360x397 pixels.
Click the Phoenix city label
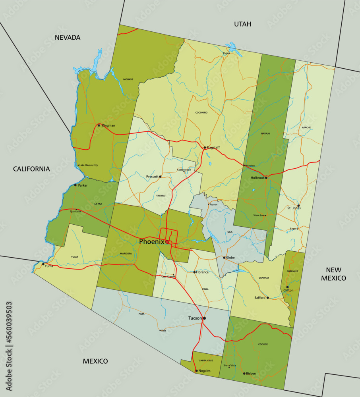coord(151,241)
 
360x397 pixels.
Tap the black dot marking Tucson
coord(204,318)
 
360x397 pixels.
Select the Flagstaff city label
coord(213,148)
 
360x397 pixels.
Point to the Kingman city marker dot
coord(99,125)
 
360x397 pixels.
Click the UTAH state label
coord(242,24)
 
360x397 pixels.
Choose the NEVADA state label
coord(68,38)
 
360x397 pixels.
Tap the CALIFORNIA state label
coord(31,169)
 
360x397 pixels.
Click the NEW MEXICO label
coord(333,274)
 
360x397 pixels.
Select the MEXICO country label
coord(95,361)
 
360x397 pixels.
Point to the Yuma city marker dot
coord(43,264)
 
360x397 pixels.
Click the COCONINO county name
coord(201,113)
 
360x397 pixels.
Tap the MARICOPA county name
coord(126,253)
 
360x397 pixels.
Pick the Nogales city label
coord(204,371)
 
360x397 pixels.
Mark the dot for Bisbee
coord(244,374)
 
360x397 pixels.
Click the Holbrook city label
coord(257,178)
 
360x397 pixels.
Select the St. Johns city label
coord(294,208)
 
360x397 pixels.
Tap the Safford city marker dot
coord(267,297)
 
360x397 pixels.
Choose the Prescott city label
coord(152,177)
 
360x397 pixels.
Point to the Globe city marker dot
coord(224,258)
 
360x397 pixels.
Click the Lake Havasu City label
coord(88,165)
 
